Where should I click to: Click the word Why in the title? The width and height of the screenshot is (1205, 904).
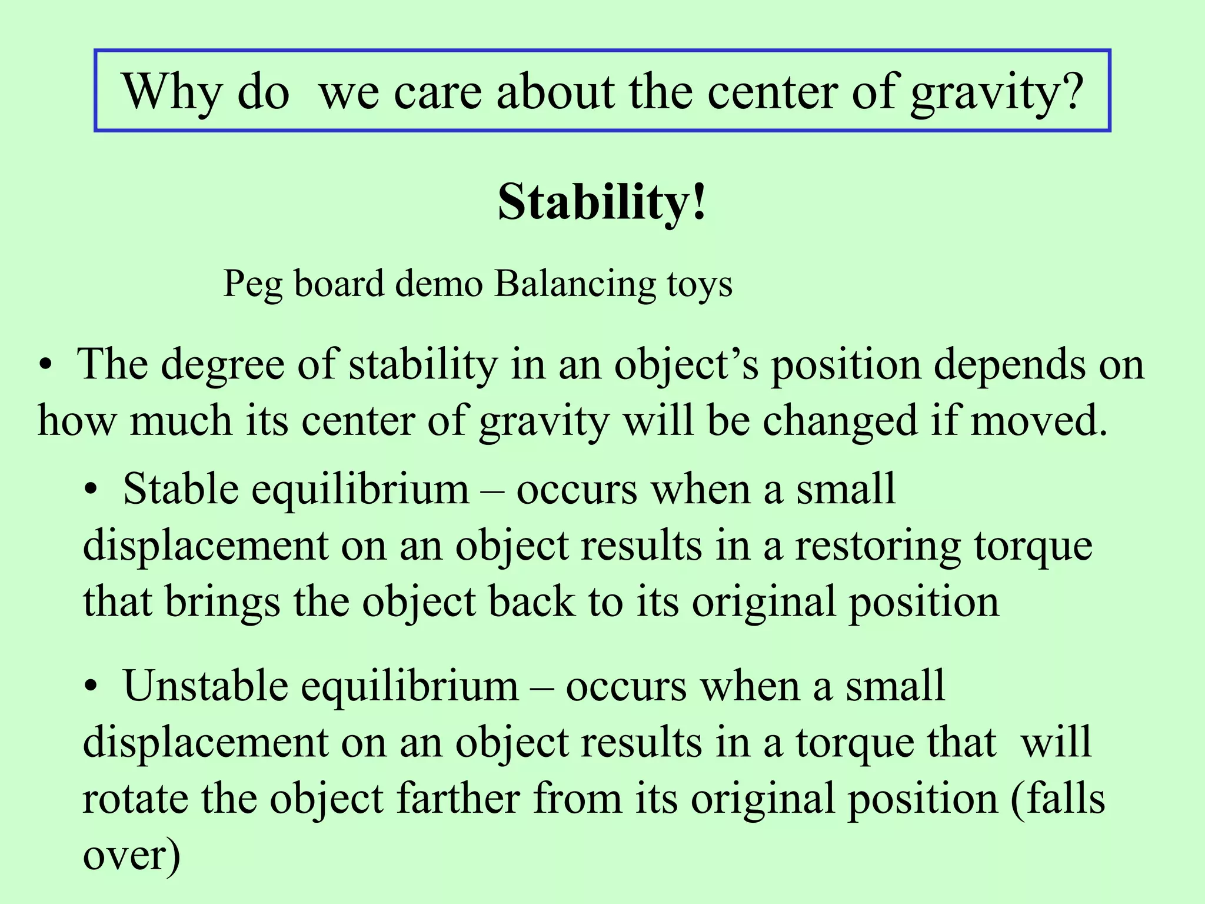click(171, 92)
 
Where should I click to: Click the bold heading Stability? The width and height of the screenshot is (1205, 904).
click(601, 202)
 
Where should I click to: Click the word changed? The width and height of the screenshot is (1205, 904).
click(840, 421)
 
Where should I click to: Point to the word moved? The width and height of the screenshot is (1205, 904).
click(1039, 421)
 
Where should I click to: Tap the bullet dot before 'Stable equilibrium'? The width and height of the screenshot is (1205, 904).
click(89, 490)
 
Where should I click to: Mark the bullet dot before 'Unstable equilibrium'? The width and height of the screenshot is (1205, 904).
click(89, 687)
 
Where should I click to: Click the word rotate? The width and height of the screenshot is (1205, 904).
click(135, 799)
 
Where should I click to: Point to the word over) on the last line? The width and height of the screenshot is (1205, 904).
click(131, 856)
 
